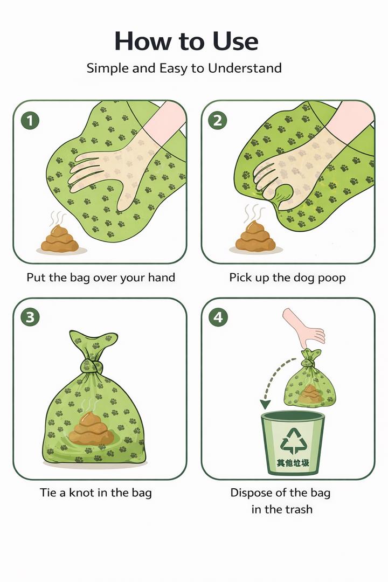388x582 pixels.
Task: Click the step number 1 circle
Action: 30,121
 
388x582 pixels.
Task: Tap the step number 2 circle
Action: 217,121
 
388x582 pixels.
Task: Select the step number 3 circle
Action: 30,318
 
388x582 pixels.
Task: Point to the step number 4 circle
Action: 217,318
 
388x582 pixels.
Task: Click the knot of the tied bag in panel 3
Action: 93,366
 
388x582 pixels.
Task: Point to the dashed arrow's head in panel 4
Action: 265,404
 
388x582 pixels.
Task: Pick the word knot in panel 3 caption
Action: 81,492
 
